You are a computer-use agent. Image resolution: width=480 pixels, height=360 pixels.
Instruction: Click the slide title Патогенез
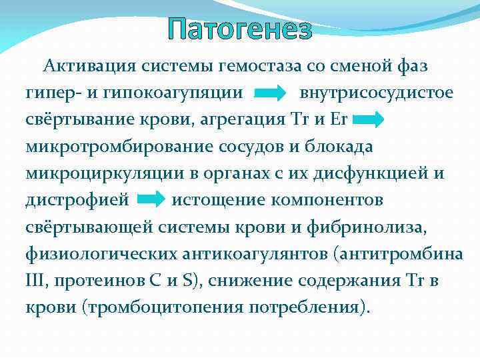239,30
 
